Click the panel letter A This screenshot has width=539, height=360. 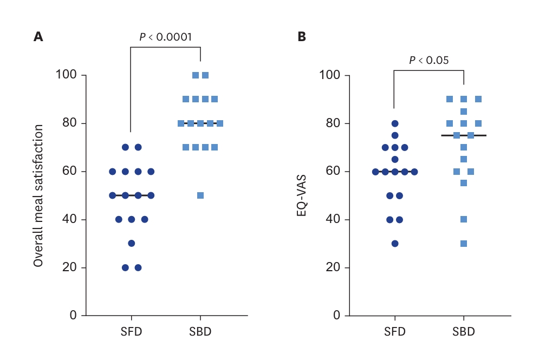tap(38, 36)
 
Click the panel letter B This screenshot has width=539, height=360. tap(302, 36)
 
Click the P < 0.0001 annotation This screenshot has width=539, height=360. tap(165, 37)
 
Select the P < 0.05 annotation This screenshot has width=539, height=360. tap(429, 60)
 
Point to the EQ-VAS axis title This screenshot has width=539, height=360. tap(302, 195)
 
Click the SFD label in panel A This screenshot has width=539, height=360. tap(131, 331)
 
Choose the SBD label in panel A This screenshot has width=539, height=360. tap(200, 331)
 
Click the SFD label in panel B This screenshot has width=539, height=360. tap(395, 331)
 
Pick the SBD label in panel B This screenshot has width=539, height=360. tap(464, 331)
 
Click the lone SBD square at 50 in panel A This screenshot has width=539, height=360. tap(200, 195)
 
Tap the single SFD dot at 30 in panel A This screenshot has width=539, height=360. tap(131, 244)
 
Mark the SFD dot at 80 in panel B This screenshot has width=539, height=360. tap(395, 123)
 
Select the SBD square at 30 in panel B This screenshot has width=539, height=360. tap(464, 244)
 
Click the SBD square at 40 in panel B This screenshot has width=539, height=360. tap(464, 219)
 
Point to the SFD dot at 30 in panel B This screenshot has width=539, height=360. tap(395, 244)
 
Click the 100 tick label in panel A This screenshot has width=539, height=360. tap(67, 75)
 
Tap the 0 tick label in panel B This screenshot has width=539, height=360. tap(337, 316)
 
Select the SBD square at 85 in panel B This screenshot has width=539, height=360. tap(464, 112)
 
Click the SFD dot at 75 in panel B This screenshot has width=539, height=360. tap(395, 135)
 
